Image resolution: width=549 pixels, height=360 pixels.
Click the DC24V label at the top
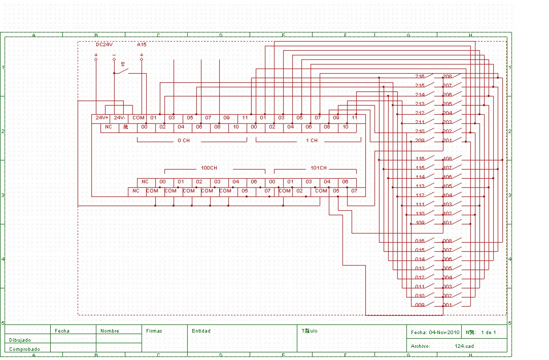tap(104, 45)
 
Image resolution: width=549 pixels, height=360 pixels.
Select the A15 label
tap(142, 45)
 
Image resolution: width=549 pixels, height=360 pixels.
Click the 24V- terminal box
tap(120, 118)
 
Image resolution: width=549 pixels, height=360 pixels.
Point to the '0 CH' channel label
tap(183, 141)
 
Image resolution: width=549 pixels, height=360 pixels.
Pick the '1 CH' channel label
tap(312, 141)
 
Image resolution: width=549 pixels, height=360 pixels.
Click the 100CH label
tap(209, 168)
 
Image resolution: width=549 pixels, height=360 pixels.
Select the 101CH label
tap(319, 168)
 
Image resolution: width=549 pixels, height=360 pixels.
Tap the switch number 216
tap(420, 77)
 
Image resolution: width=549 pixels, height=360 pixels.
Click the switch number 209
tap(420, 141)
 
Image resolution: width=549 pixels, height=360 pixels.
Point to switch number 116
tap(420, 159)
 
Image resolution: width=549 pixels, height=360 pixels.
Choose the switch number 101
tap(447, 223)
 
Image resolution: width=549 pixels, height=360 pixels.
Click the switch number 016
tap(420, 241)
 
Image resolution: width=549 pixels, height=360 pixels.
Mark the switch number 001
tap(447, 305)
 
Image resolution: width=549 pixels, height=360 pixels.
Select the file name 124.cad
tap(464, 346)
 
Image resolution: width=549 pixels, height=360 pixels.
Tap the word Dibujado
tap(20, 340)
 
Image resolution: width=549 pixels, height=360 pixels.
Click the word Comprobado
tap(24, 349)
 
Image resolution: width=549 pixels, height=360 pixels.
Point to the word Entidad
tap(201, 331)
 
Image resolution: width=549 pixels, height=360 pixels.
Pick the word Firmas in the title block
tap(154, 331)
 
